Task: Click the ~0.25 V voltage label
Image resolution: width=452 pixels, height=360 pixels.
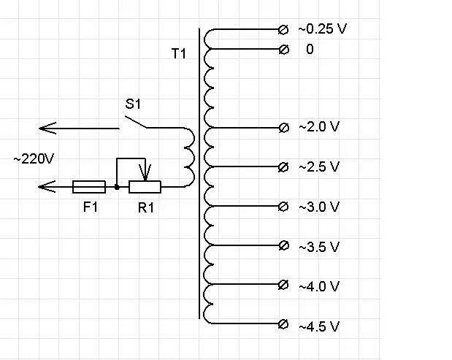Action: tap(322, 29)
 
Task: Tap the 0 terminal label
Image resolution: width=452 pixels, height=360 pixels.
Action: tap(310, 50)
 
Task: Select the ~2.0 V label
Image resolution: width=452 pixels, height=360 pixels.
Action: tap(319, 127)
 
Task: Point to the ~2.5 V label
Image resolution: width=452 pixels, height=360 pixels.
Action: tap(319, 166)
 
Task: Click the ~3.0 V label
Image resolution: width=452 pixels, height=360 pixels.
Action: tap(319, 207)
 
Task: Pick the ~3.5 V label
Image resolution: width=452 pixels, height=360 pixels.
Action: tap(319, 247)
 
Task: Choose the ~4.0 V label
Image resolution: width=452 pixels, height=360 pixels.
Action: tap(319, 286)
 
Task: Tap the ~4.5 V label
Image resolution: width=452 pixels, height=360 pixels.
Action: tap(319, 326)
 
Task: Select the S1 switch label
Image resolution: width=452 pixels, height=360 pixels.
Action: tap(132, 104)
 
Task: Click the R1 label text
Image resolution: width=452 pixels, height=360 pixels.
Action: tap(146, 207)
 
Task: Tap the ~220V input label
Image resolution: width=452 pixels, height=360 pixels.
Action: tap(34, 158)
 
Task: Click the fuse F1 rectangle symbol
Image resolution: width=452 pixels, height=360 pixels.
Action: tap(89, 188)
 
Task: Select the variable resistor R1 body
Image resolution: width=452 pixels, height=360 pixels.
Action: tap(145, 188)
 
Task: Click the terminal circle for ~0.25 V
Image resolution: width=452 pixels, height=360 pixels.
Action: tap(284, 29)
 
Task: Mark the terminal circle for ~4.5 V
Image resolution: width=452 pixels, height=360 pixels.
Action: tap(284, 324)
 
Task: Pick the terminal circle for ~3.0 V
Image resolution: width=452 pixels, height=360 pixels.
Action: tap(284, 205)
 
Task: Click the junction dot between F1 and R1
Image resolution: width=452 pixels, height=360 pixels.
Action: tap(117, 188)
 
